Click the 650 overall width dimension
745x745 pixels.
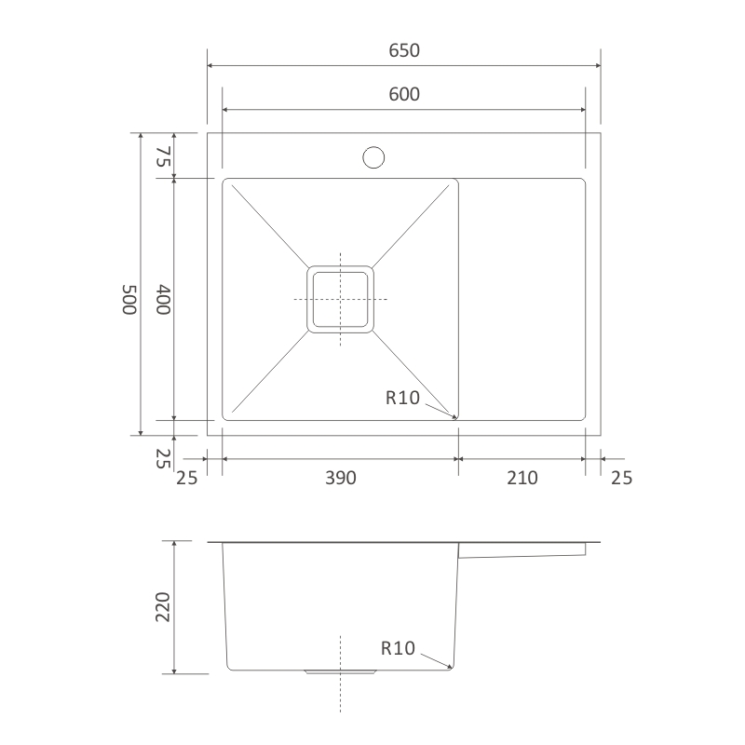[403, 51]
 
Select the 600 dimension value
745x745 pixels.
[403, 94]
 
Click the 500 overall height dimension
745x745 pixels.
[128, 300]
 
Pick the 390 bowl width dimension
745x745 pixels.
[341, 478]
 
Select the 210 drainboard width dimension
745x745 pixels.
[522, 478]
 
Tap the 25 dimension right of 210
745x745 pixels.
[621, 478]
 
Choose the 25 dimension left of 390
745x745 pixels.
[187, 478]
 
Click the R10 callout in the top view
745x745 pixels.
[403, 398]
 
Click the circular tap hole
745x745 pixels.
[373, 156]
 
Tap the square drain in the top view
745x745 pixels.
[341, 299]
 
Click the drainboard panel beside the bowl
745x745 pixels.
[522, 299]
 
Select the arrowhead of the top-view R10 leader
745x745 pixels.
[455, 418]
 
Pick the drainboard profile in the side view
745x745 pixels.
[522, 551]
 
